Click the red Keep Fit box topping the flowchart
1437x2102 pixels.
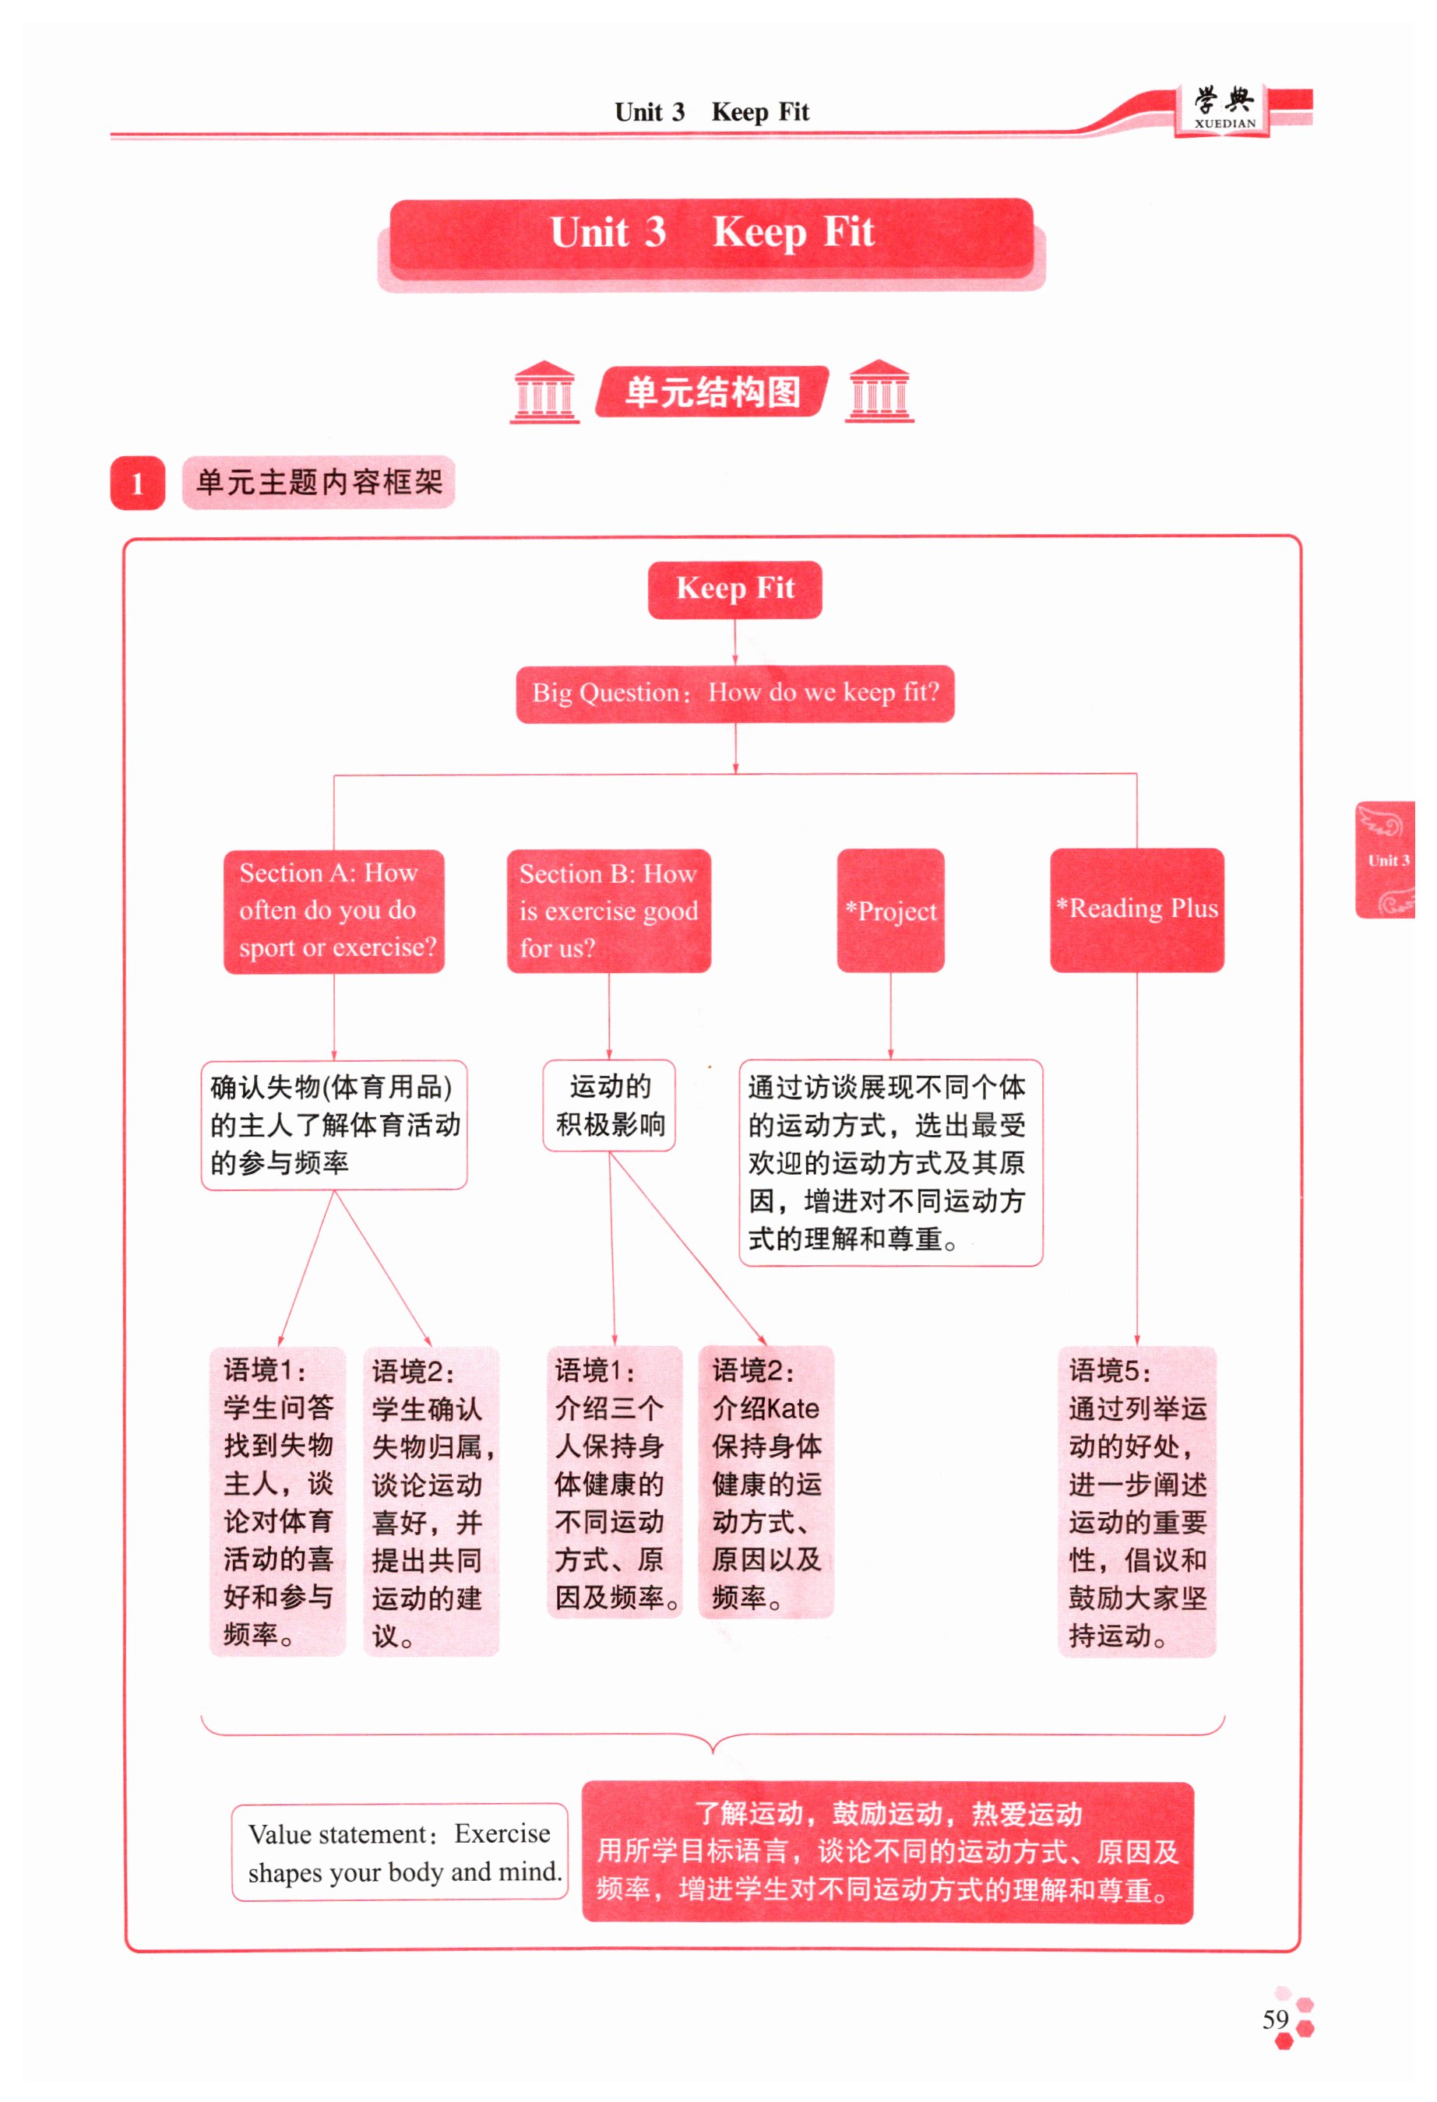point(734,589)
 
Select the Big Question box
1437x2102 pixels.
point(734,693)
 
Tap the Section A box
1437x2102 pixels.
point(334,911)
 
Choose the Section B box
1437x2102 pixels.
point(608,911)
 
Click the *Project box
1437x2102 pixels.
point(889,911)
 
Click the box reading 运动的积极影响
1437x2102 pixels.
point(609,1105)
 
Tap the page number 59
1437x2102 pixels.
point(1275,2019)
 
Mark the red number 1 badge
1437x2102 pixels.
point(138,483)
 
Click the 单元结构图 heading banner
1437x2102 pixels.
point(712,392)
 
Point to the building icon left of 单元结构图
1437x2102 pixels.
point(544,392)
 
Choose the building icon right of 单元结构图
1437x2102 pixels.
point(879,392)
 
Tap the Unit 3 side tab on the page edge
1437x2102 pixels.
point(1385,859)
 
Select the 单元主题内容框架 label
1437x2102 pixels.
point(319,482)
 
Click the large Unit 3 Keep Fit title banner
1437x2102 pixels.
point(711,233)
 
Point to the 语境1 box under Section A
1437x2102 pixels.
point(278,1502)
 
